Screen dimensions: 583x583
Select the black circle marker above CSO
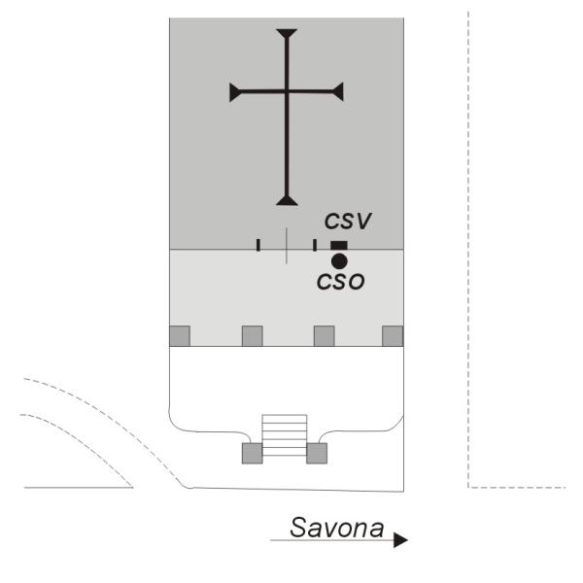coord(338,261)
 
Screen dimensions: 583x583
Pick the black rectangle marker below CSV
coord(338,245)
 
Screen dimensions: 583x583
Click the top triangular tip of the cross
coord(286,35)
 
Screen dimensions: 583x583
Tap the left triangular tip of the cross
coord(234,92)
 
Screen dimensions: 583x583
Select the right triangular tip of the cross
coord(338,92)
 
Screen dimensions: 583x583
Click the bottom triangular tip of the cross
coord(286,200)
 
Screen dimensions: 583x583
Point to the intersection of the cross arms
coord(286,92)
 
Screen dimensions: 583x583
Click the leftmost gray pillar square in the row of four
coord(180,335)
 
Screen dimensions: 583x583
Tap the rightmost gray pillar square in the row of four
coord(393,335)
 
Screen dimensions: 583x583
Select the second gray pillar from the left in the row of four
coord(252,335)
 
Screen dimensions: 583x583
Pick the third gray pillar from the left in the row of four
coord(324,335)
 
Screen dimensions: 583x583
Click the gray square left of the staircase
coord(252,453)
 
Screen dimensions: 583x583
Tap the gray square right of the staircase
coord(318,453)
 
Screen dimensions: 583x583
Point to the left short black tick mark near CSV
coord(257,245)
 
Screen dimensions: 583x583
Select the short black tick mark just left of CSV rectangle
coord(315,245)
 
